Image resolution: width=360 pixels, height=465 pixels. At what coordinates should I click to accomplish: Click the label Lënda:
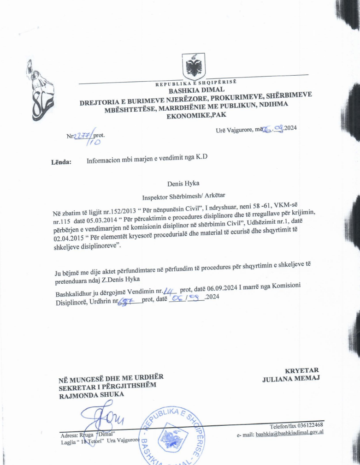(61, 162)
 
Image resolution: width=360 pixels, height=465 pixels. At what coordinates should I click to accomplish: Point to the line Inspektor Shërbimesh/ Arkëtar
(183, 197)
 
